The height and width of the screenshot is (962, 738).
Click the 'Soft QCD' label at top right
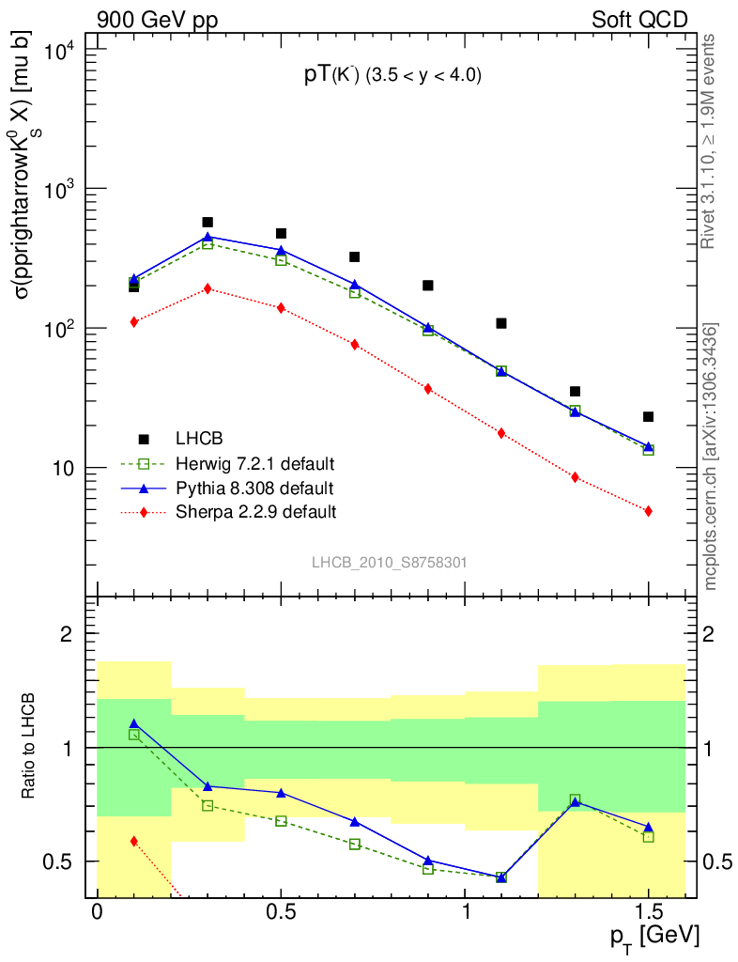click(x=639, y=19)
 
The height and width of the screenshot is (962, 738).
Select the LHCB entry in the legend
click(x=199, y=439)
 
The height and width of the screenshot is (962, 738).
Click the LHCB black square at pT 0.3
click(x=208, y=223)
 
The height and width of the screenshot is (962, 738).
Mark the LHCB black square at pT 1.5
click(x=648, y=416)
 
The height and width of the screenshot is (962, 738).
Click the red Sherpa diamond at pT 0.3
click(x=208, y=288)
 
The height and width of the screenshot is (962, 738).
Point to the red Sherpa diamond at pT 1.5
click(x=648, y=511)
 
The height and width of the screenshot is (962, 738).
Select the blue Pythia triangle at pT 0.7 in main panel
click(x=354, y=284)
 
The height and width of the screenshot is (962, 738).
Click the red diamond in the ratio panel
click(x=134, y=841)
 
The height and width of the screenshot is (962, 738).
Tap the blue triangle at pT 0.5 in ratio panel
click(x=281, y=792)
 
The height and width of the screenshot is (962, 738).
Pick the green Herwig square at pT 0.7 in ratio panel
click(x=354, y=845)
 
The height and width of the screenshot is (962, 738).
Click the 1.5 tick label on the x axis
click(x=647, y=912)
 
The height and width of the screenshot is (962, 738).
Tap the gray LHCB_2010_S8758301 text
click(x=390, y=563)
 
